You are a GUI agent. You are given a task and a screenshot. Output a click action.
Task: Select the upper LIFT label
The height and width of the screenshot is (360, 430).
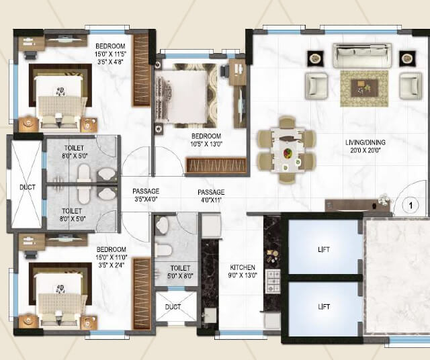[x=325, y=250]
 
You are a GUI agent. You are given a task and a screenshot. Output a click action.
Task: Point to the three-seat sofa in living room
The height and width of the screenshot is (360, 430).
[x=362, y=55]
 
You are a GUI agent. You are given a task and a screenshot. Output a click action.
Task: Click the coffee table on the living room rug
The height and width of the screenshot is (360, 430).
[x=364, y=87]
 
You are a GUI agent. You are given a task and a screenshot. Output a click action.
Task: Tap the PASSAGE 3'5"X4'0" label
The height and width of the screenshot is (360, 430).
[x=145, y=195]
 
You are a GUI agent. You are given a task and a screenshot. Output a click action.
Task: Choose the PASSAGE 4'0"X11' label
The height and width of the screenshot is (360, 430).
[x=210, y=195]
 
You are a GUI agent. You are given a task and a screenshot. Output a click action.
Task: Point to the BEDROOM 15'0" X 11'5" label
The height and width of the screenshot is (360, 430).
[x=110, y=52]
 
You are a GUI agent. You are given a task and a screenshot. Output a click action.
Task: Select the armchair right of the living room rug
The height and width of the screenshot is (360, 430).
[x=411, y=85]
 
